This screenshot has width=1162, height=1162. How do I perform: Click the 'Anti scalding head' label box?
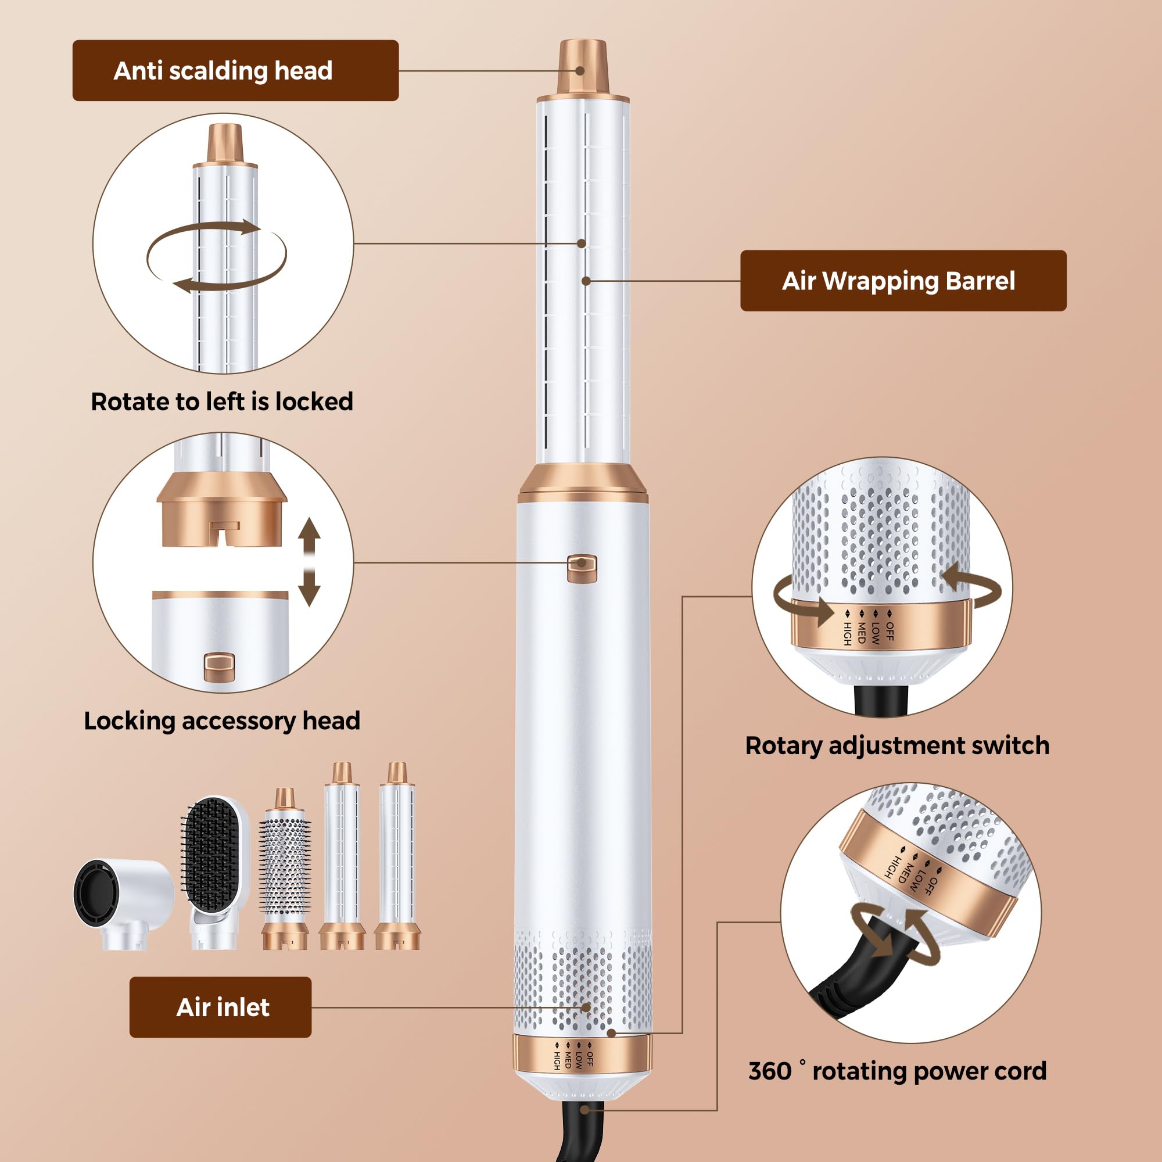tap(235, 70)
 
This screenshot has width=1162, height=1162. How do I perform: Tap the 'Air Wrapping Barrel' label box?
tap(903, 280)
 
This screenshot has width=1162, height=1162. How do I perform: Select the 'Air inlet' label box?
tap(220, 1007)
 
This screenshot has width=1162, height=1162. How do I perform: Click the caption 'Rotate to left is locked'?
tap(222, 401)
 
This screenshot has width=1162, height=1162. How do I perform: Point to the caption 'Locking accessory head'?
tap(222, 720)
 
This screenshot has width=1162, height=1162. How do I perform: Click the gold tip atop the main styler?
tap(582, 67)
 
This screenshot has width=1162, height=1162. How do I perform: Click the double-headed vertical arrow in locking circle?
tap(309, 562)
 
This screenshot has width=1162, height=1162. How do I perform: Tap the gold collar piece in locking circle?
tap(222, 509)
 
